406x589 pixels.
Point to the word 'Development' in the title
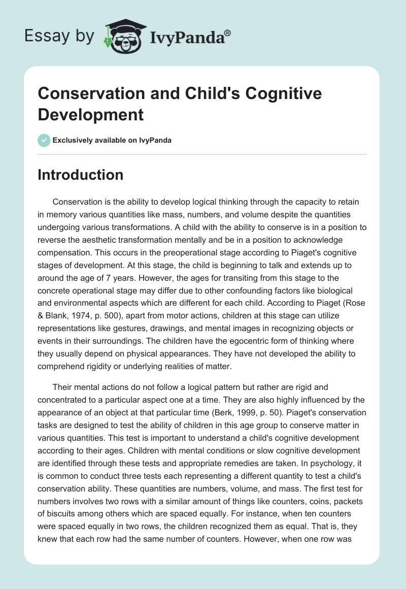91,114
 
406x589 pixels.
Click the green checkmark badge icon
44,140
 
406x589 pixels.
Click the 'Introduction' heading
81,175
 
